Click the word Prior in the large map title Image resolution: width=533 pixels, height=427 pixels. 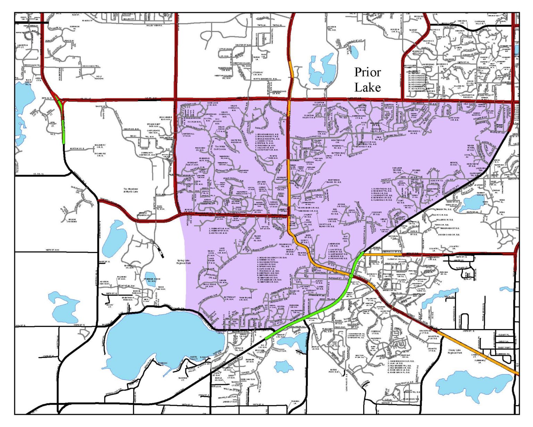367,72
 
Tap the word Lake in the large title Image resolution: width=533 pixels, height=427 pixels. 367,87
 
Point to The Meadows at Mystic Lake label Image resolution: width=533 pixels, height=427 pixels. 130,190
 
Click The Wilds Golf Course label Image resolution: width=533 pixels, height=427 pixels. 220,148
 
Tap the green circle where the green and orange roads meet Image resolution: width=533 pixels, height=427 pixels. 351,275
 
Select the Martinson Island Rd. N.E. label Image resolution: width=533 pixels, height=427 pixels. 335,181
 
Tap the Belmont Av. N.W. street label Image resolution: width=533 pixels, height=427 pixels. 126,285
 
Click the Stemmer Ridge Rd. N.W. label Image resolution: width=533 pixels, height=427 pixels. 151,280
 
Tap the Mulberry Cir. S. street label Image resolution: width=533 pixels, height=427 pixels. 100,146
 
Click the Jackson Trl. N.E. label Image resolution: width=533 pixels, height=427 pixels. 331,28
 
